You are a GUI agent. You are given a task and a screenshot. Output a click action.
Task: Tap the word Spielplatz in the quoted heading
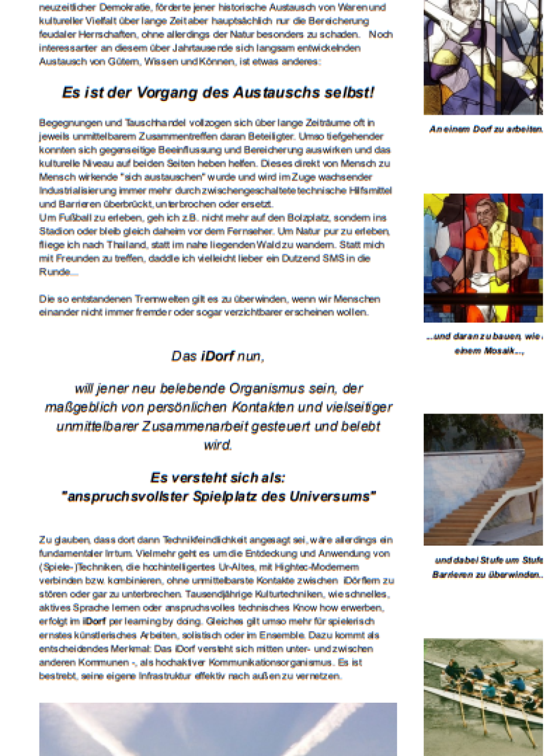(x=222, y=497)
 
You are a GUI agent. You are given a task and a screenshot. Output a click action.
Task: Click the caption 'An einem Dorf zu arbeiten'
(x=485, y=129)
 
